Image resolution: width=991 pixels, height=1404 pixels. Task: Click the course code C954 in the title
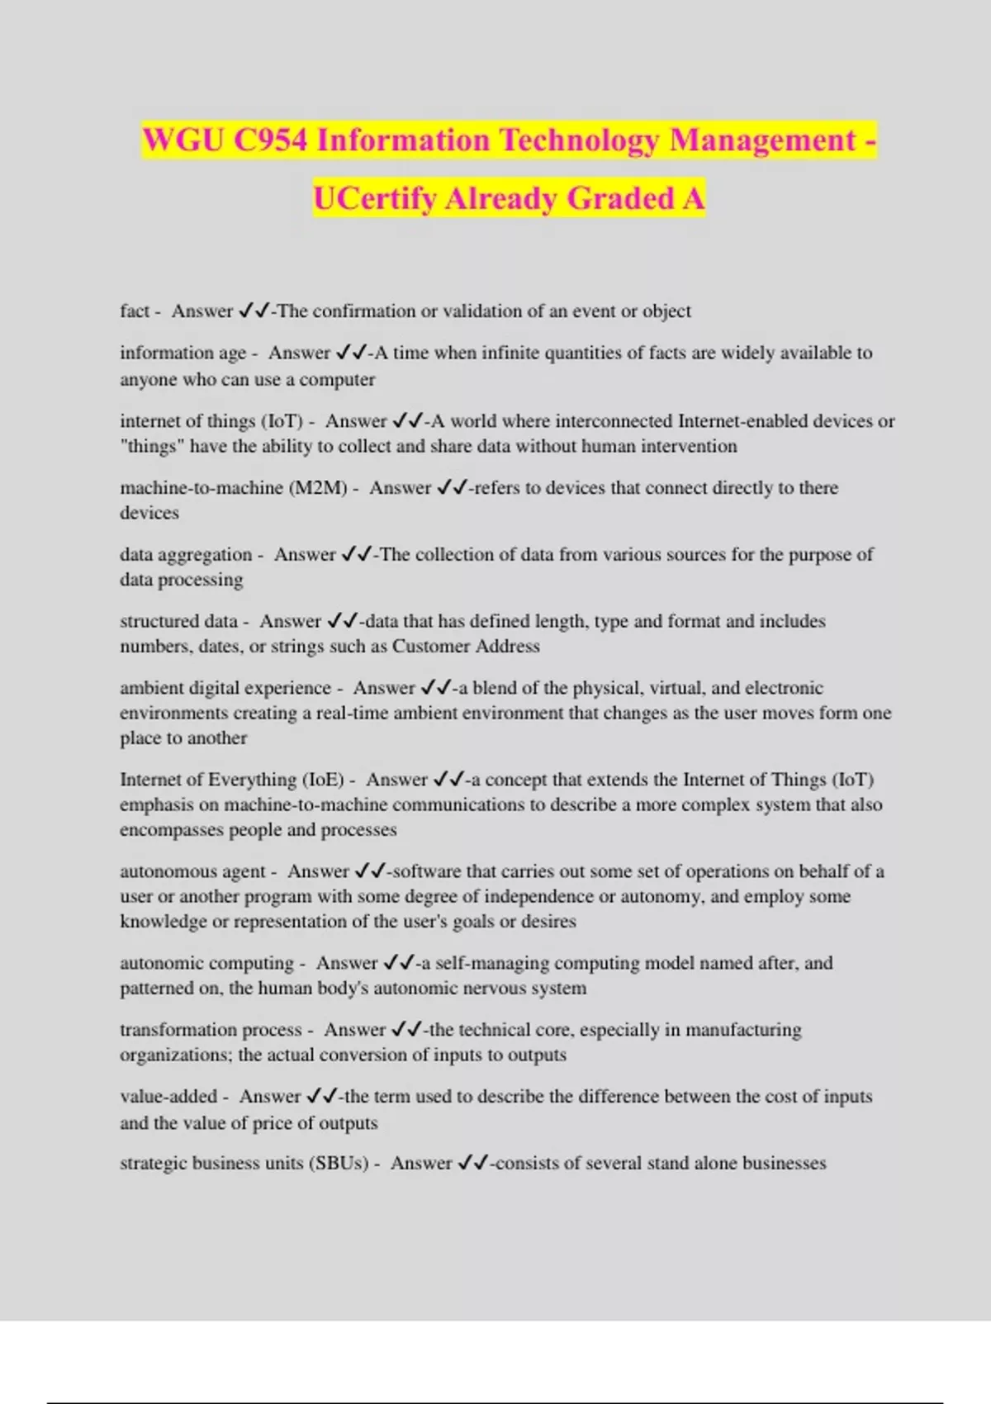click(x=270, y=140)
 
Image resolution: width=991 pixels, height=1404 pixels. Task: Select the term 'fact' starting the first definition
click(x=134, y=311)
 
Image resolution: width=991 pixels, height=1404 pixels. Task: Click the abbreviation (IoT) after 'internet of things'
click(x=282, y=421)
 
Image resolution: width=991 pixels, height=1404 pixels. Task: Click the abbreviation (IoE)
click(x=323, y=780)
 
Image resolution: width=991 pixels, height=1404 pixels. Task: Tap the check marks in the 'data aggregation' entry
click(x=357, y=554)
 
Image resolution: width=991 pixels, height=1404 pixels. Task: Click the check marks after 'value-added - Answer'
click(x=322, y=1097)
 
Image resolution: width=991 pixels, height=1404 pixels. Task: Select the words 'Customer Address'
click(x=466, y=646)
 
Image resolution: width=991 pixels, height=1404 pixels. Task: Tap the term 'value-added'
click(x=168, y=1097)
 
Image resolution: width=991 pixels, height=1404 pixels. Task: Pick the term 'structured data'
click(x=178, y=621)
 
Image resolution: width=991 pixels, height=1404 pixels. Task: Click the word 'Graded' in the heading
click(x=622, y=199)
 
